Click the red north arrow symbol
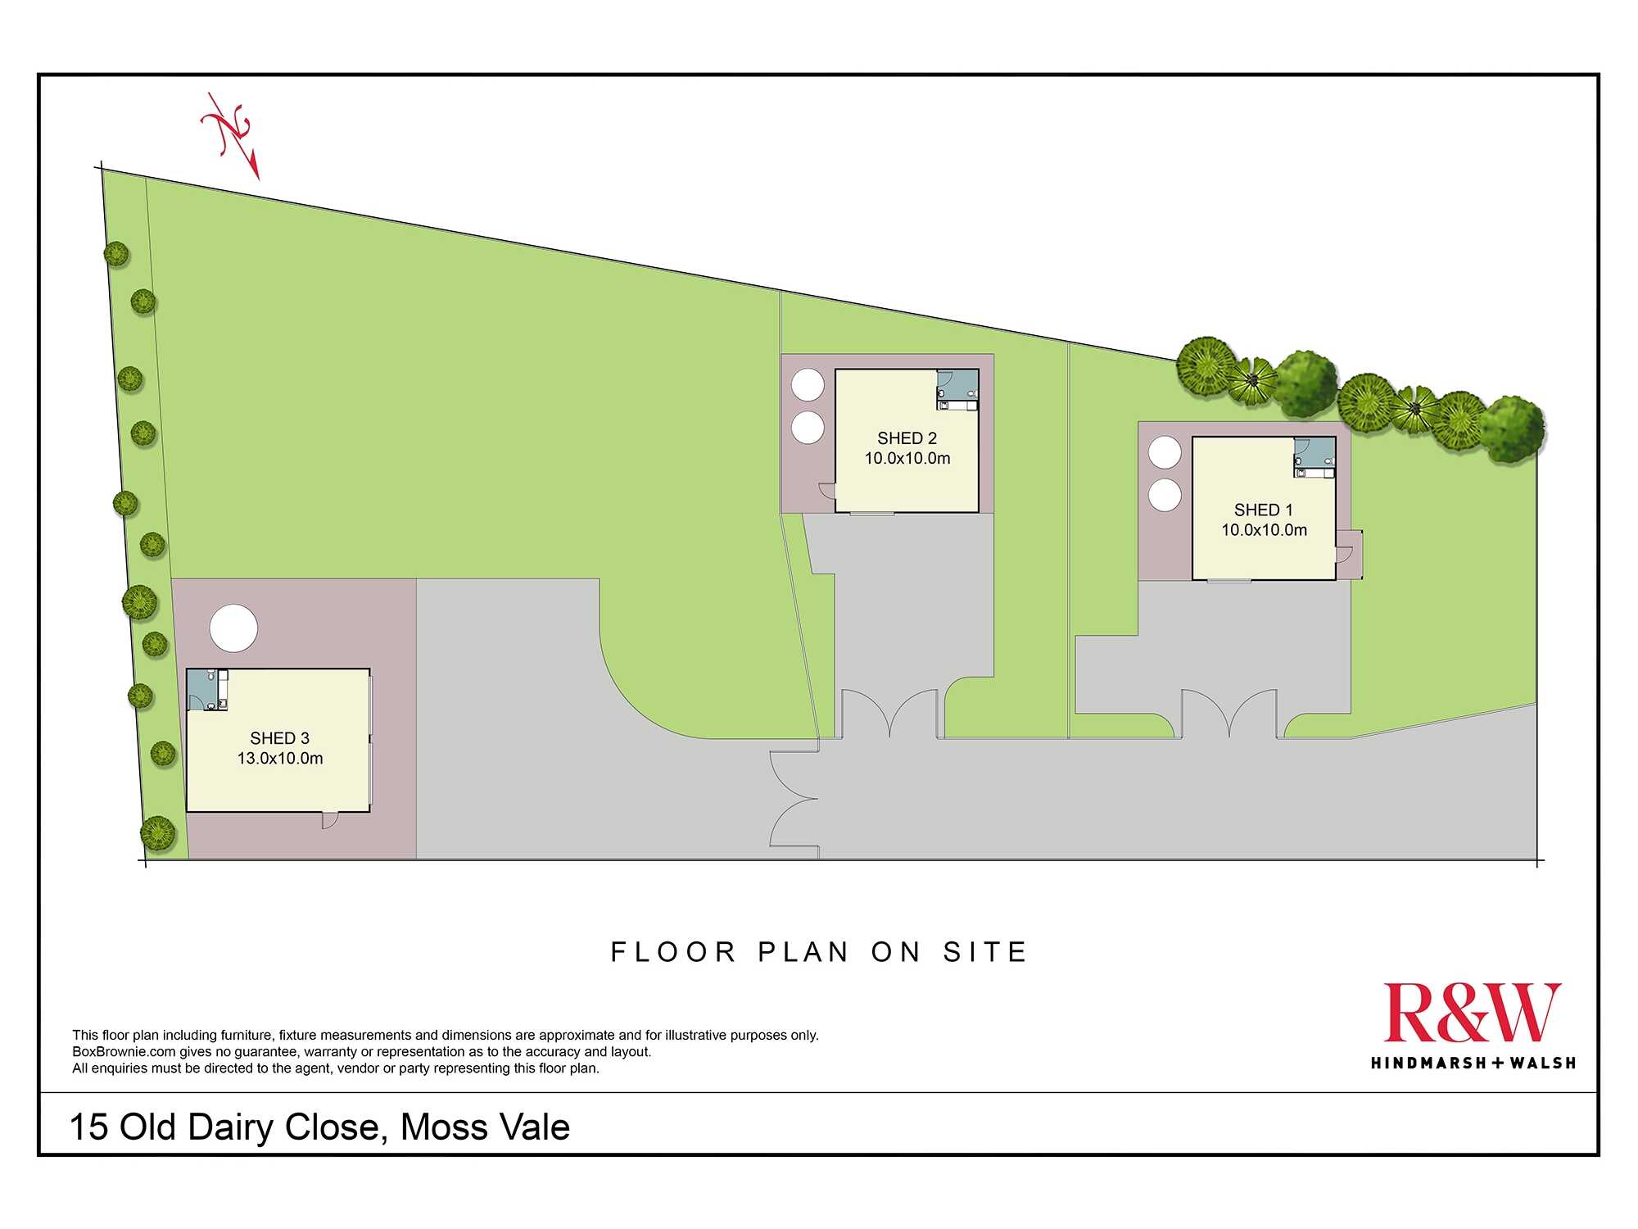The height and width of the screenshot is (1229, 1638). coord(232,135)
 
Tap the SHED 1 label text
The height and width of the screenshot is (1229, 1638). coord(1263,510)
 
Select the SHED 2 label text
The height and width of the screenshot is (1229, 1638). coord(907,438)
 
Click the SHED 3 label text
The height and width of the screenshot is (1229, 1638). coord(279,738)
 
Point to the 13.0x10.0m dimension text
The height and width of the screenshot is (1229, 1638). coord(280,759)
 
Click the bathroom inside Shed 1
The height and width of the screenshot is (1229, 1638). coord(1314,457)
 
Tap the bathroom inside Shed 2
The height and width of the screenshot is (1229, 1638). coord(957,389)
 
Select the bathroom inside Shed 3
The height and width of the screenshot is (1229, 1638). coord(207,690)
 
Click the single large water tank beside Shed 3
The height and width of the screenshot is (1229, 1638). coord(233,628)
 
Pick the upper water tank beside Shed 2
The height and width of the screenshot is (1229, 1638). coord(808,385)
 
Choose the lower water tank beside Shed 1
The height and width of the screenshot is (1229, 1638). coord(1165,495)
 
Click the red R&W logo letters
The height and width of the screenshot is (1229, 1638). coord(1472,1013)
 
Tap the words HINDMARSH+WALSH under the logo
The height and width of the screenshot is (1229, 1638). coord(1473,1063)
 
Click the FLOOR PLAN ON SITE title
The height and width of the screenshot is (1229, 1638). coord(819,952)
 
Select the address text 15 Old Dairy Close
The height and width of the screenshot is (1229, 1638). coord(225,1127)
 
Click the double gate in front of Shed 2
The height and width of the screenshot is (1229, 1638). coord(890,714)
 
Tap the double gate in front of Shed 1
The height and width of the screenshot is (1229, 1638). coord(1229,714)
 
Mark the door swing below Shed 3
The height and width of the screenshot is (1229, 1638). coord(329,820)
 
